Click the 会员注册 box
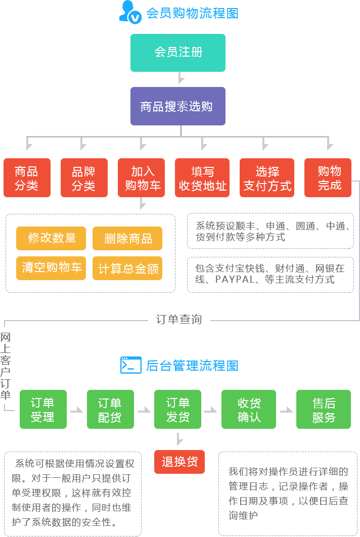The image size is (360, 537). click(x=177, y=53)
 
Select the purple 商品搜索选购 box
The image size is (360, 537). click(x=177, y=106)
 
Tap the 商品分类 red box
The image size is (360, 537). click(x=27, y=177)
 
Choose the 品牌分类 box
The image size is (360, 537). click(x=84, y=177)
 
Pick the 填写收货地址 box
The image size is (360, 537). click(x=202, y=177)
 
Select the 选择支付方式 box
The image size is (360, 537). click(x=267, y=177)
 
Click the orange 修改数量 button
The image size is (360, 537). click(x=51, y=238)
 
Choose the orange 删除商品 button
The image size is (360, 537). click(x=127, y=238)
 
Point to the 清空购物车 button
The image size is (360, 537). click(x=51, y=268)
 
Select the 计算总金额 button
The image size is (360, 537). click(x=127, y=268)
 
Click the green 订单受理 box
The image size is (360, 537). click(x=43, y=409)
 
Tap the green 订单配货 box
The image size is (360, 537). click(x=110, y=409)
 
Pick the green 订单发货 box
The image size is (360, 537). click(x=177, y=409)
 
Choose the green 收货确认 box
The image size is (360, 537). click(x=248, y=409)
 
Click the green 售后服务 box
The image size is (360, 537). click(x=323, y=409)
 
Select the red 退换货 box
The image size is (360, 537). click(x=179, y=462)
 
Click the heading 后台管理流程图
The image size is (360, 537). click(x=192, y=366)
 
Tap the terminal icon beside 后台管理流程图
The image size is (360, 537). click(x=130, y=365)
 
